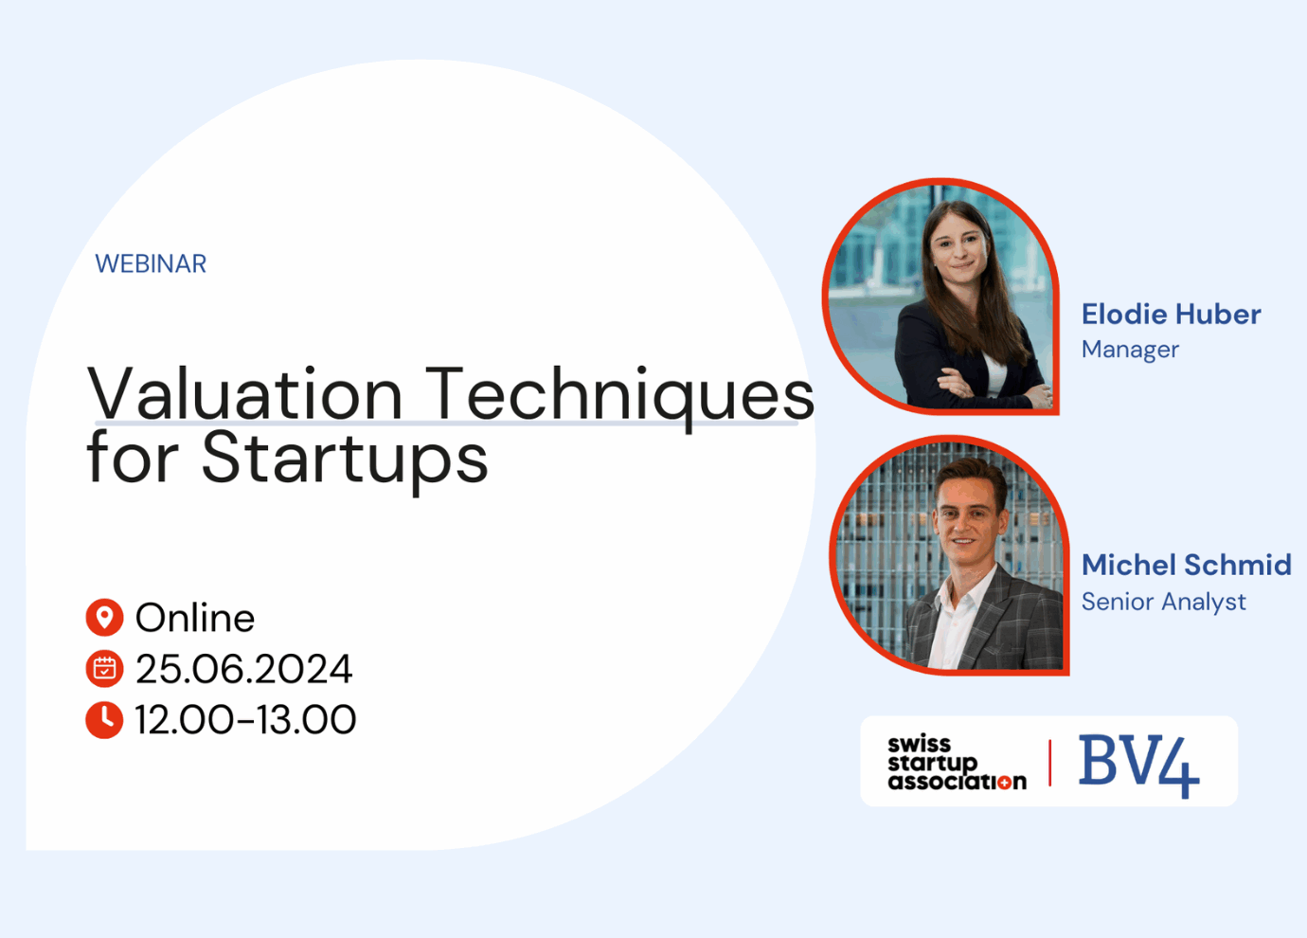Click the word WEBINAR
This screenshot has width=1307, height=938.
point(151,263)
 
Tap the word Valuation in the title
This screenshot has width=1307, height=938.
point(244,393)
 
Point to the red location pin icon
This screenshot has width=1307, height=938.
point(104,617)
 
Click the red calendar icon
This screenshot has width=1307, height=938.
point(104,668)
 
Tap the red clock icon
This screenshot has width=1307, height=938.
point(104,720)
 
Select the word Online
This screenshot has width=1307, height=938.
point(195,618)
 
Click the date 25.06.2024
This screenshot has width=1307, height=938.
point(244,669)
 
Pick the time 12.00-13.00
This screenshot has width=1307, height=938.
point(245,720)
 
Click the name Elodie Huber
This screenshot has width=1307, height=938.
point(1171,314)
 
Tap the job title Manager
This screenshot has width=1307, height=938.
point(1130,350)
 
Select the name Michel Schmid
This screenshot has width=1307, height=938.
point(1186,565)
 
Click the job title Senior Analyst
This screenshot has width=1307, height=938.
point(1163,602)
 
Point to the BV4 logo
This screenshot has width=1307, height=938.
point(1139,766)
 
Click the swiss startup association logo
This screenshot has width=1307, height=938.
point(957,763)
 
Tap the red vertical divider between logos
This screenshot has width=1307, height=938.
point(1049,763)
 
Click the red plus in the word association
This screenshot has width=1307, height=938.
point(1004,783)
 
